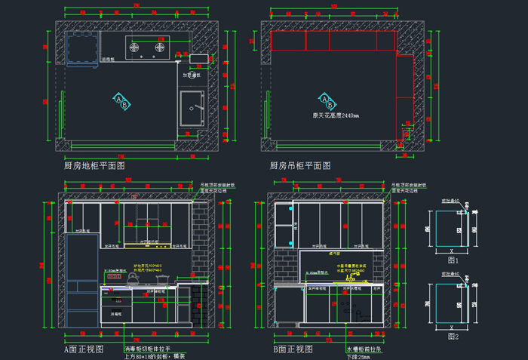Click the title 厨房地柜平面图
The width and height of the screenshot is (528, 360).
tap(94, 165)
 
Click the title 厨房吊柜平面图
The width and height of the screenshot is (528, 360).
tap(300, 165)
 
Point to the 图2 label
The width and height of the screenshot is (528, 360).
tap(453, 336)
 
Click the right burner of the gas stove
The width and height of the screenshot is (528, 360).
tap(159, 50)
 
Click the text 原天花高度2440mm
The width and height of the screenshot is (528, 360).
tap(336, 115)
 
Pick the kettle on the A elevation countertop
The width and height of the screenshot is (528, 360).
tap(134, 279)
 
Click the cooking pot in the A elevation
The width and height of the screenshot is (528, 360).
tap(161, 279)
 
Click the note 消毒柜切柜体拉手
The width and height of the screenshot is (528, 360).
tap(148, 349)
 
